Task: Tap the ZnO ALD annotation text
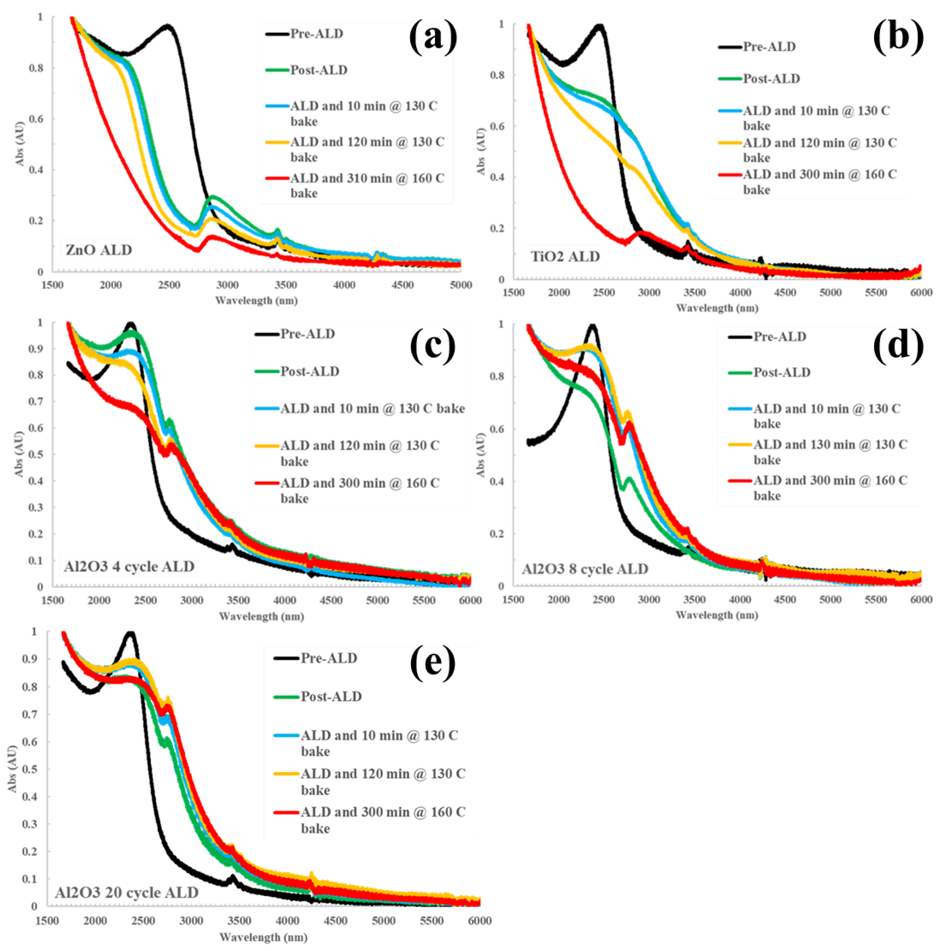99,250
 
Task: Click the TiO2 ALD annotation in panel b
565,256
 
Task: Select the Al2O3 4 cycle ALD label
129,567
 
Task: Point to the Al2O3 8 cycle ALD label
585,569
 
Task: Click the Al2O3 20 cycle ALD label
127,892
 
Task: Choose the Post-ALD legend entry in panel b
771,79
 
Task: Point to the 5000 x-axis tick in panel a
461,285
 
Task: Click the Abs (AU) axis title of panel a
20,143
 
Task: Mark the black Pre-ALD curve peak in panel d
592,326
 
